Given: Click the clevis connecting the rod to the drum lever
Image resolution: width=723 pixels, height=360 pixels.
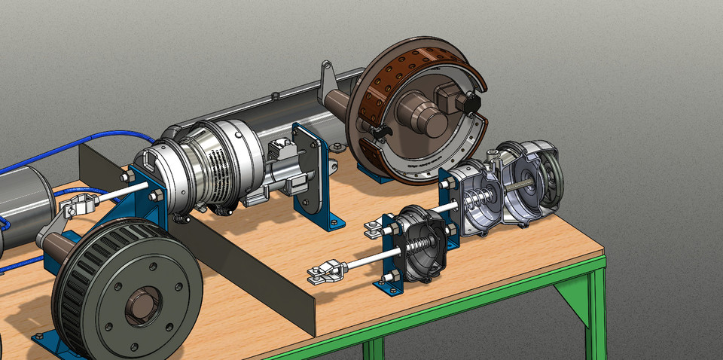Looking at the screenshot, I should pyautogui.click(x=78, y=203).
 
